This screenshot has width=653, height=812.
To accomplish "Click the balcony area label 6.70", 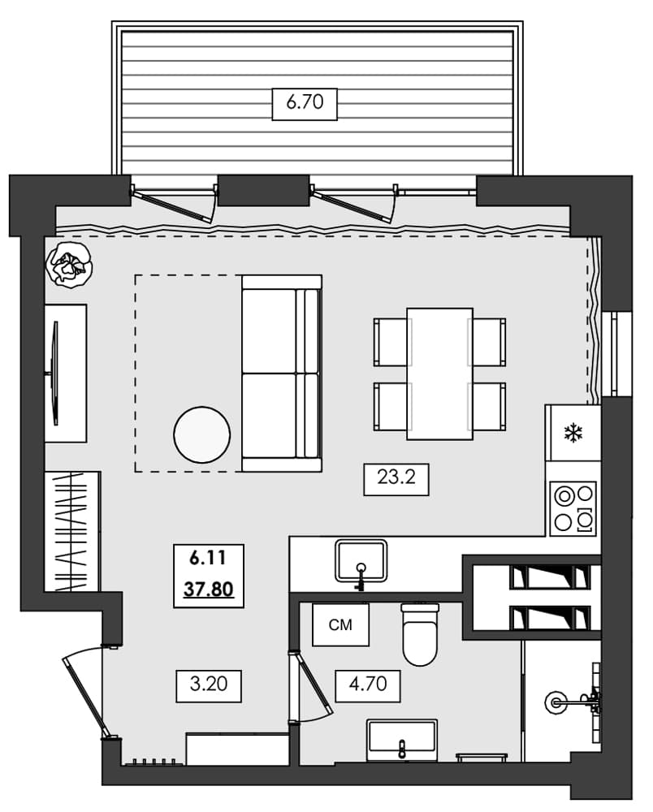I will click(x=305, y=104).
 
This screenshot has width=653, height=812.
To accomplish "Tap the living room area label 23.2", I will click(x=396, y=478).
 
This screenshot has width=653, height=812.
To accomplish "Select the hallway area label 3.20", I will click(x=209, y=686).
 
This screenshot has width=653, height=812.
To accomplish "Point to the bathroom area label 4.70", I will click(x=368, y=686).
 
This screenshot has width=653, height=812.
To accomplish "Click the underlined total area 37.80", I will click(x=209, y=589).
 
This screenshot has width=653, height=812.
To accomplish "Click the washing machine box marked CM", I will click(x=340, y=624).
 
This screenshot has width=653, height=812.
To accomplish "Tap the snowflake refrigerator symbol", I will click(x=574, y=433).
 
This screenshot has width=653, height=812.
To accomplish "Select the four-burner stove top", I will click(x=573, y=509).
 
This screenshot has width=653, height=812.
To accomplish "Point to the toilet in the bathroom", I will click(x=420, y=633).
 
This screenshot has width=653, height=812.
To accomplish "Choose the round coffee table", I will click(x=202, y=435).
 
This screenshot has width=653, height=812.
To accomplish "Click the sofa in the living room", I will click(x=282, y=374).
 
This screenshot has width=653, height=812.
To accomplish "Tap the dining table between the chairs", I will click(x=439, y=374).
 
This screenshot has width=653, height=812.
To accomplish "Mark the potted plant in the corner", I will click(x=68, y=263).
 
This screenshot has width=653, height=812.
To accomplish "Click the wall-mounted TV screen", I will click(x=55, y=372).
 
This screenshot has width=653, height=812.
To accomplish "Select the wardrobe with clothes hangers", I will click(x=72, y=531).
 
